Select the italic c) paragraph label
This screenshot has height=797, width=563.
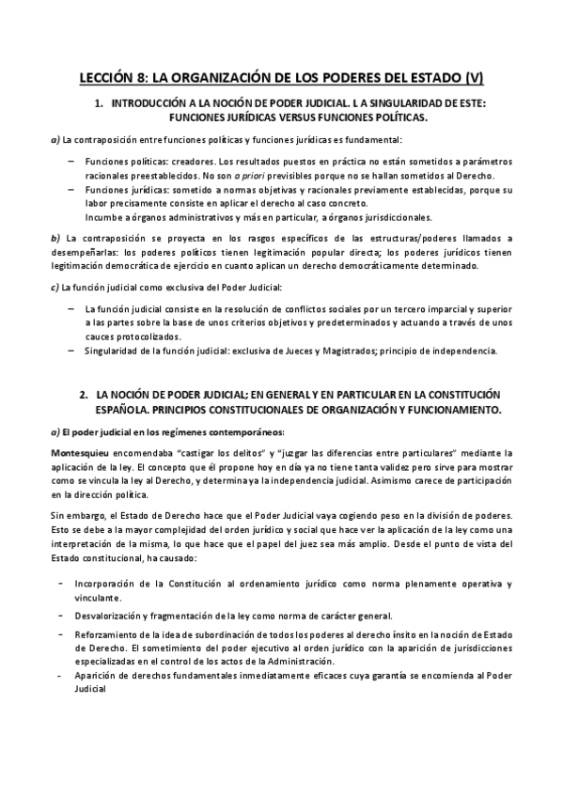click(54, 286)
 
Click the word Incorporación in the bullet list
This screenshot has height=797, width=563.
click(115, 584)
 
